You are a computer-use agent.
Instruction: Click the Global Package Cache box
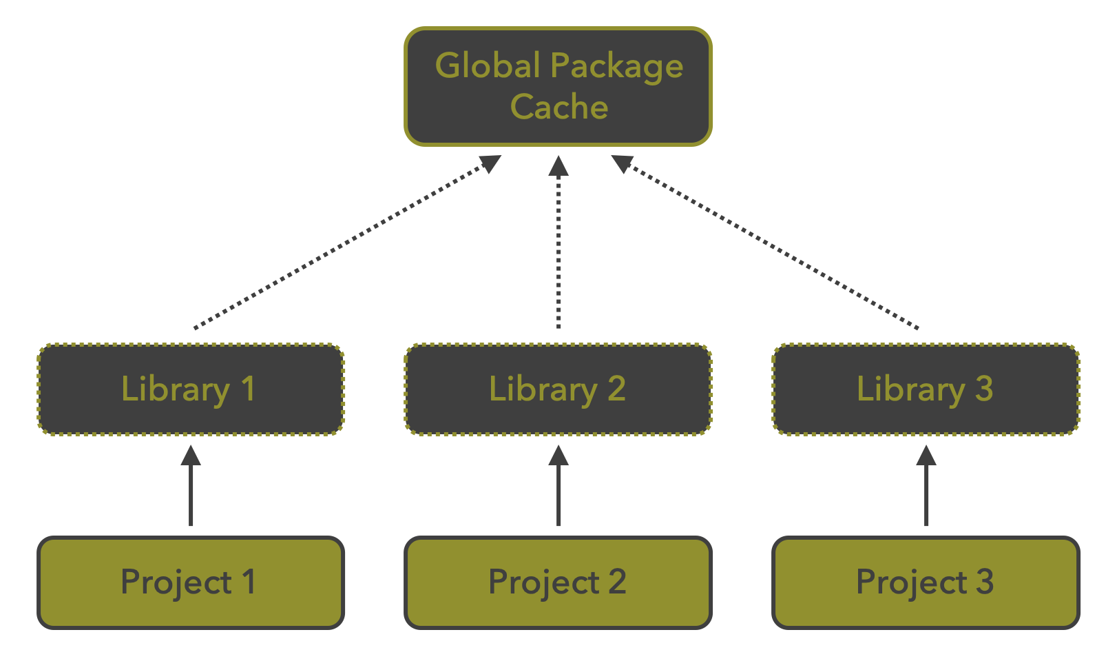click(x=558, y=86)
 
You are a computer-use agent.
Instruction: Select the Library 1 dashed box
click(x=191, y=389)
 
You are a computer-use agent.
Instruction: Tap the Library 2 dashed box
click(x=558, y=389)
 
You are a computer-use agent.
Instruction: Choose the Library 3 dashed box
click(x=926, y=389)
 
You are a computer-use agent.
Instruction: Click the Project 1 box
click(x=191, y=582)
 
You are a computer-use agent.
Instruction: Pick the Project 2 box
click(x=558, y=582)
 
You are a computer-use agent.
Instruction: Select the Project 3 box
click(x=926, y=582)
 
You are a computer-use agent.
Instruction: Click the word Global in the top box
click(x=488, y=66)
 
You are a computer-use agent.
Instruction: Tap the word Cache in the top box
click(x=559, y=107)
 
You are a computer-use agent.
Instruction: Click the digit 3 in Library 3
click(x=984, y=388)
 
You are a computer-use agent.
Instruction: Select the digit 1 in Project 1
click(x=249, y=582)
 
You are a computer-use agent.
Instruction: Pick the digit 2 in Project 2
click(x=617, y=582)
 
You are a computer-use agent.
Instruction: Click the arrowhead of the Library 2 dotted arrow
click(x=558, y=165)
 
